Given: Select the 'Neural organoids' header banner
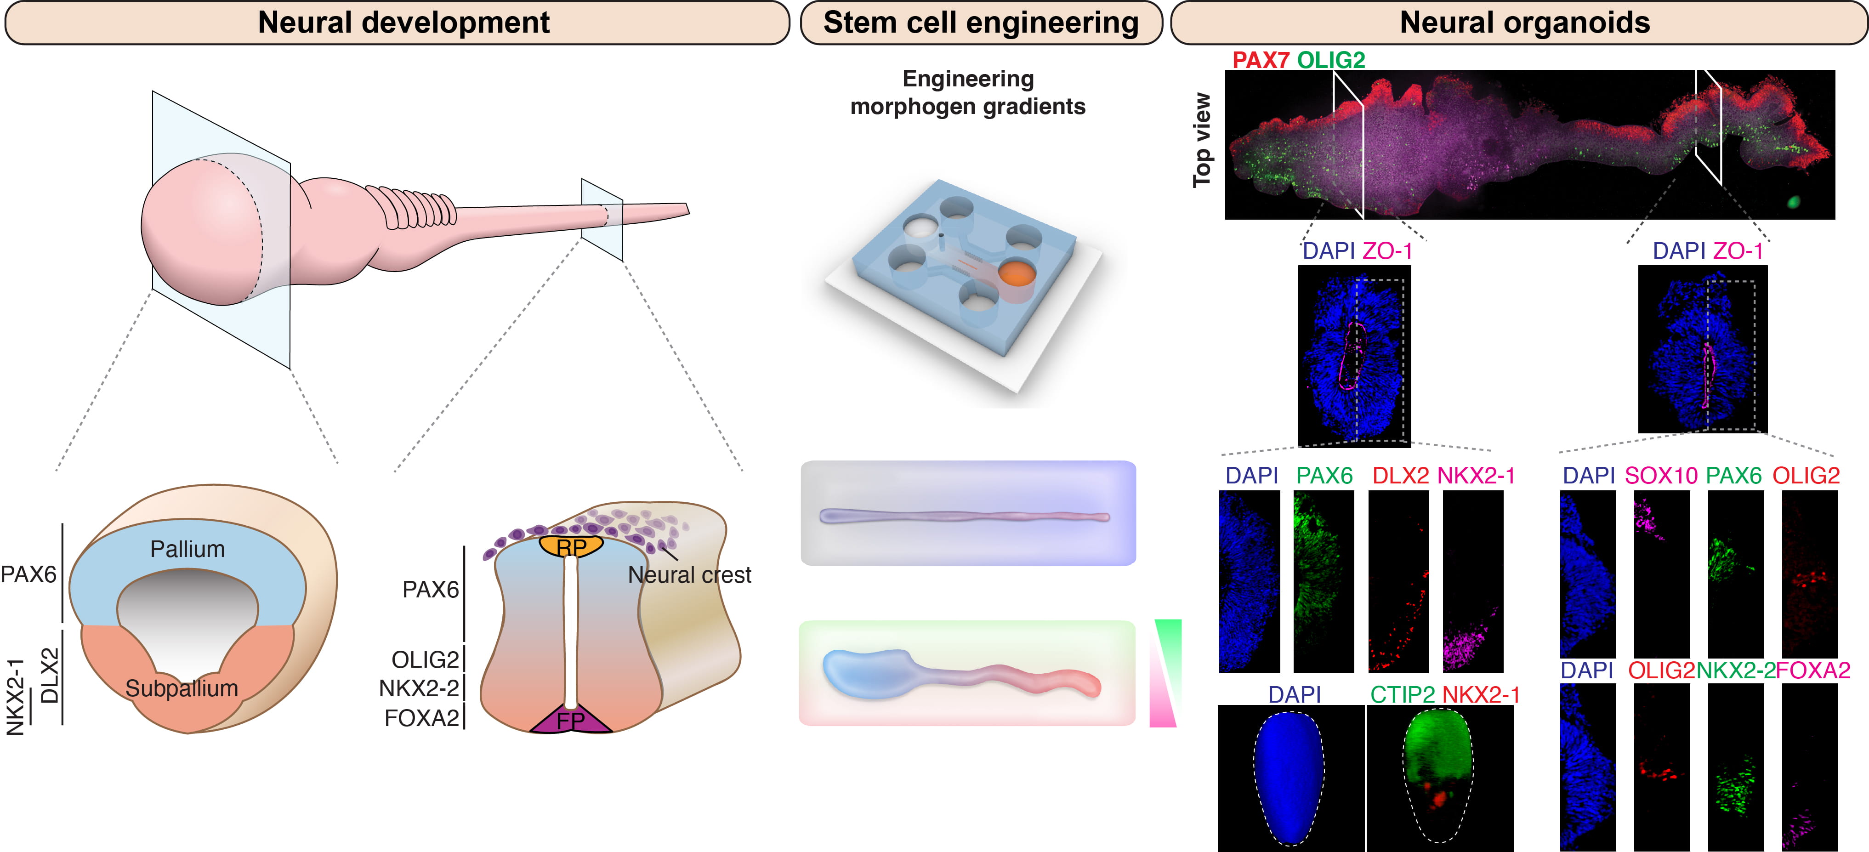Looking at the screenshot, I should coord(1523,23).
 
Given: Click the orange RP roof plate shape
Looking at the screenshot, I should coord(571,546).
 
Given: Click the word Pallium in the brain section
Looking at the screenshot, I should coord(187,549).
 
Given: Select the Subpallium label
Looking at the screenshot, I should coord(182,688).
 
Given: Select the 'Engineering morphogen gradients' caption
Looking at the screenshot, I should coord(967,92).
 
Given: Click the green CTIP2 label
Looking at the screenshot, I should coord(1402,694).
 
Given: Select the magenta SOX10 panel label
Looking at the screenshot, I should coord(1661,475).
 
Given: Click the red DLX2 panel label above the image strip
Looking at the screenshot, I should coord(1400,475).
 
